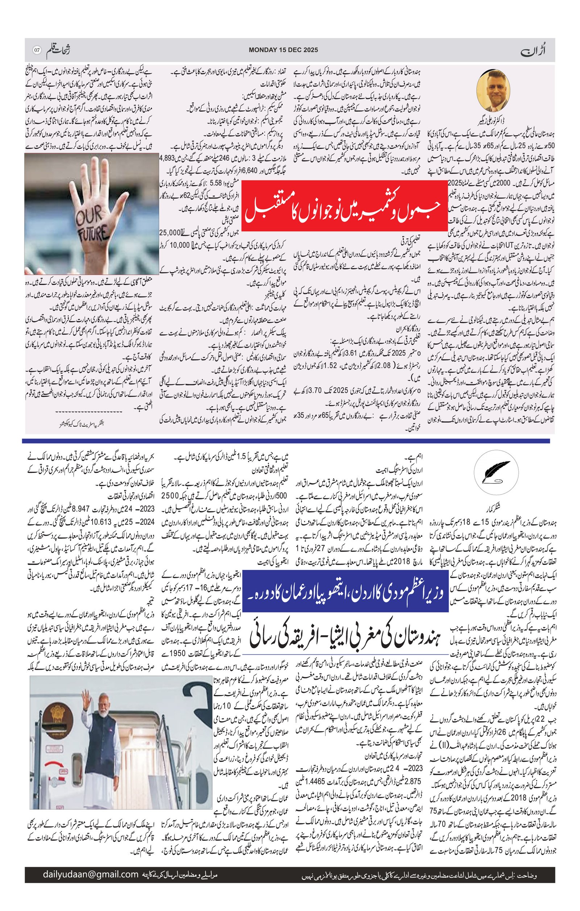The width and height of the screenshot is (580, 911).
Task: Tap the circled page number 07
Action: pos(37,50)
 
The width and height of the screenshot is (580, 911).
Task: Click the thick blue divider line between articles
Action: pos(286,441)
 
